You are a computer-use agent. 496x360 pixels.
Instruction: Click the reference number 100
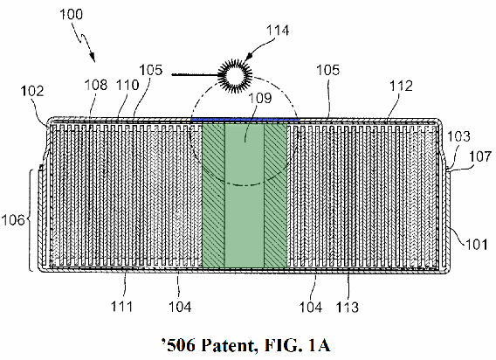72,14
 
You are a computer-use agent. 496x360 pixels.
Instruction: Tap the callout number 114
278,31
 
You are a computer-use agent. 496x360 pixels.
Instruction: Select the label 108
96,85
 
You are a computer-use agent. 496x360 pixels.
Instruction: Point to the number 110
127,85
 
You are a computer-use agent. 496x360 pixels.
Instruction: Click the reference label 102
32,91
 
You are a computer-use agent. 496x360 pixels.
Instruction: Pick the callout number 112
401,86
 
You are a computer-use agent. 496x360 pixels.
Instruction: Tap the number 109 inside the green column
259,98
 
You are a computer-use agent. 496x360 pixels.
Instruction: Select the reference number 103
458,136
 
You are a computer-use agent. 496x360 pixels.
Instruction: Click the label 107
480,156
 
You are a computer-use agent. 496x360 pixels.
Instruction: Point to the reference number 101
476,245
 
